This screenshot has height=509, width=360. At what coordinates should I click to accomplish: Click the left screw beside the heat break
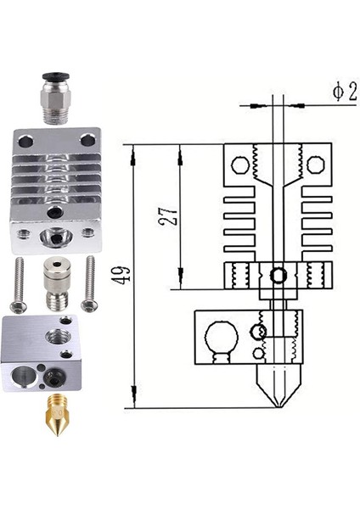coord(20,285)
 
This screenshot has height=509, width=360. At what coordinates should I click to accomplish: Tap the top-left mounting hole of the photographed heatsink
coord(23,139)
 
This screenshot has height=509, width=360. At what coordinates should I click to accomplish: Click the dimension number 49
coord(121,276)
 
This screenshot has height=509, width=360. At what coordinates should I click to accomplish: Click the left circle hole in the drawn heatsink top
coord(239,162)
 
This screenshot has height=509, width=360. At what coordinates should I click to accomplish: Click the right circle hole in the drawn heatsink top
coord(314,162)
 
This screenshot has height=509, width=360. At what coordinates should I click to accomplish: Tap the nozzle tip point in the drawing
coord(277,407)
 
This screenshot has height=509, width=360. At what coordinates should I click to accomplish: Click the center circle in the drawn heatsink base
coord(277,274)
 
